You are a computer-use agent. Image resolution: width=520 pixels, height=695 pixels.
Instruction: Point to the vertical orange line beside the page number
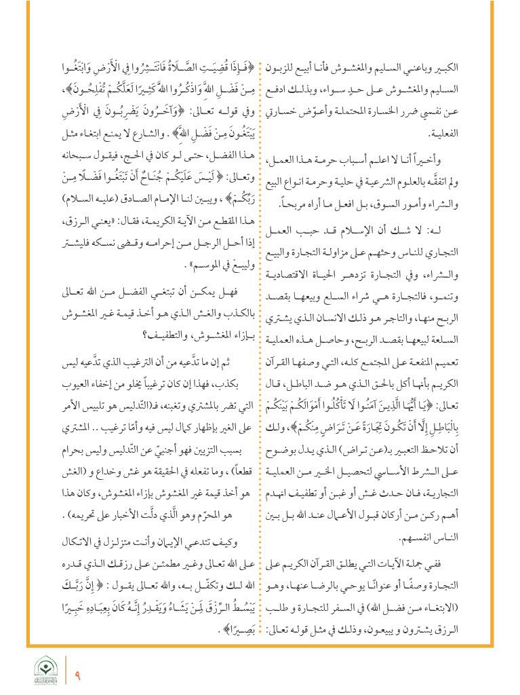pos(66,671)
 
